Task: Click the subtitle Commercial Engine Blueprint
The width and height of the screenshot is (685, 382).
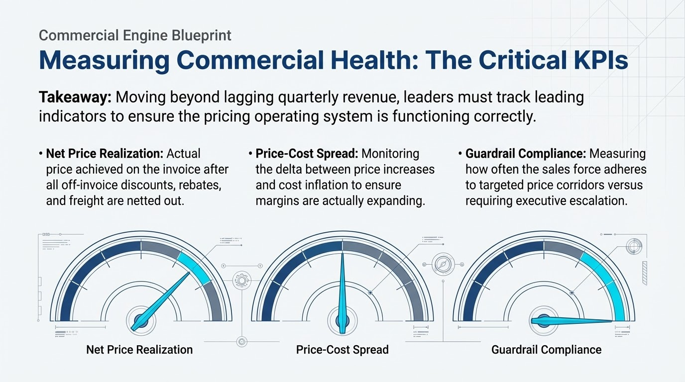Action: coord(134,35)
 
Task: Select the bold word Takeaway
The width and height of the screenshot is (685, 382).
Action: coord(75,97)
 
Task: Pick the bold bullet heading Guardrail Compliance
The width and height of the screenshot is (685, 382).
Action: coord(525,154)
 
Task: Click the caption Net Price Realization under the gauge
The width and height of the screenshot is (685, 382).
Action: coord(139,350)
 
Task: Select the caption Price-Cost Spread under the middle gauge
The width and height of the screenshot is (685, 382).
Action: coord(342,350)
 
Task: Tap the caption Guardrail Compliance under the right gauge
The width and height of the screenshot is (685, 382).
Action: coord(546,350)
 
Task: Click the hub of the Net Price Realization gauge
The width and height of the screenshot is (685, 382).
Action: coord(141,321)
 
